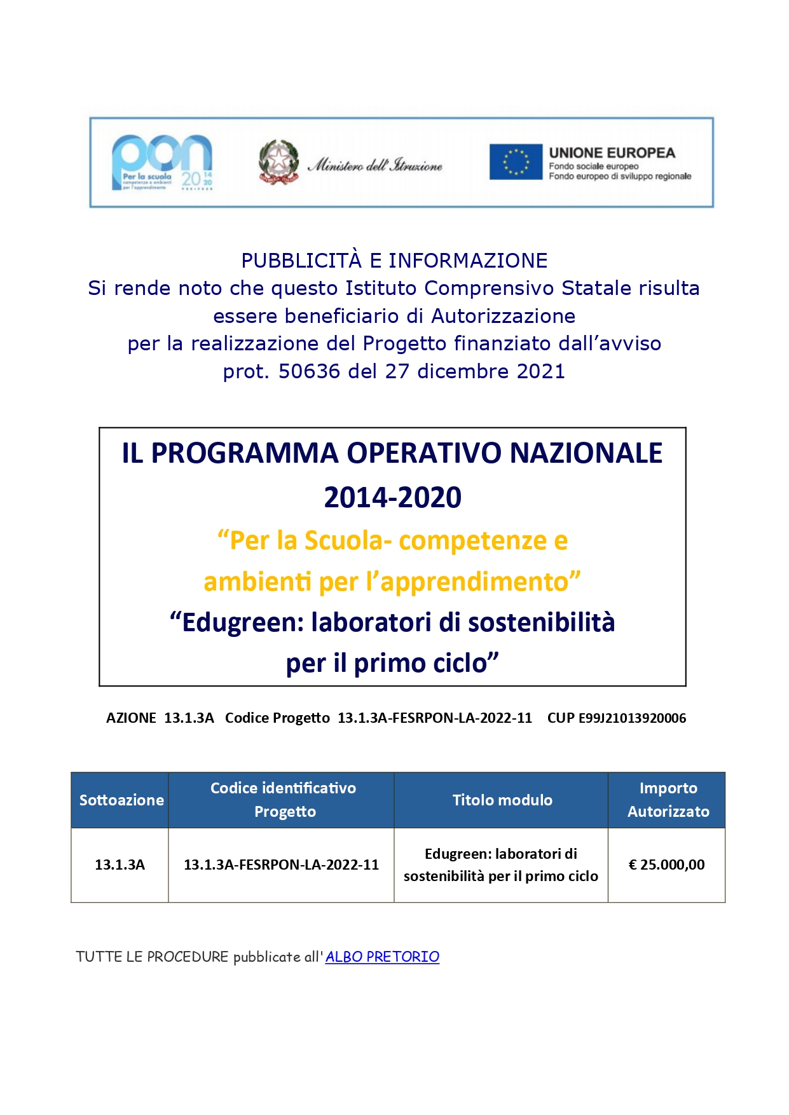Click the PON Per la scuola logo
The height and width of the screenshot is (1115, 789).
point(162,162)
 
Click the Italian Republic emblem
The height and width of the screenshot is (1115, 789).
point(278,162)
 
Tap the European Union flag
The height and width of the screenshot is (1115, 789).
point(515,161)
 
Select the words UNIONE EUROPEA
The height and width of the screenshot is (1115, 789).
point(612,153)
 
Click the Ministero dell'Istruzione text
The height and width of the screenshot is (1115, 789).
point(375,165)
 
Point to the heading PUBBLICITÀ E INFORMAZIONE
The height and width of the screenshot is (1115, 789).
point(394,261)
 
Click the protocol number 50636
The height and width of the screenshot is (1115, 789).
point(309,371)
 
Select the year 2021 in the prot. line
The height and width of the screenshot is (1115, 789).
point(540,371)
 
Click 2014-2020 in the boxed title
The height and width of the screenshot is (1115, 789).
point(392,498)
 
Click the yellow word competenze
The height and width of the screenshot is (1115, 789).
point(472,541)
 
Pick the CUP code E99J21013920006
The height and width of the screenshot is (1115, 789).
point(632,718)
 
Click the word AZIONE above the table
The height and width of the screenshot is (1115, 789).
point(131,718)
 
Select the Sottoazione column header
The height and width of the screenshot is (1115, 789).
point(121,800)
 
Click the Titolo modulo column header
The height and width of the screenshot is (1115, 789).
point(502,800)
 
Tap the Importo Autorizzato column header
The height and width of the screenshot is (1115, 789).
point(668,800)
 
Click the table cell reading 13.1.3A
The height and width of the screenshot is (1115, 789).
point(120,865)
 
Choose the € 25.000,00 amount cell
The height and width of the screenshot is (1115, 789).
point(666,865)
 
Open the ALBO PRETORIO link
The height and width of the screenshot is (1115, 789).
point(382,957)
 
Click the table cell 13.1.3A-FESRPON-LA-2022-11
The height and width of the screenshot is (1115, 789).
point(281,865)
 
